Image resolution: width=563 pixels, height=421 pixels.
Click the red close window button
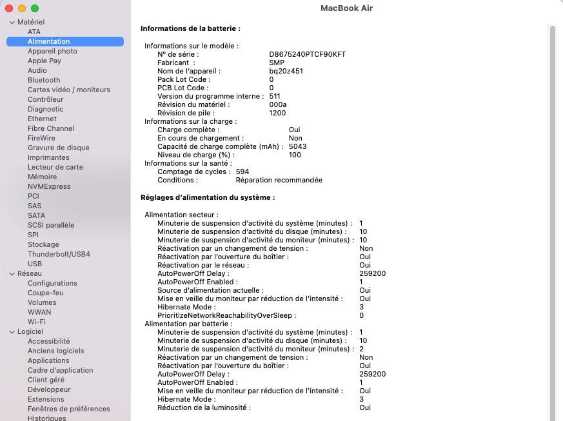click(9, 8)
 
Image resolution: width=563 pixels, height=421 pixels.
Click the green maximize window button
click(35, 8)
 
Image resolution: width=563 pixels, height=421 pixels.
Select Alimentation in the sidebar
click(49, 41)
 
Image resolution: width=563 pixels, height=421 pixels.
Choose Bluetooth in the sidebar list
click(44, 80)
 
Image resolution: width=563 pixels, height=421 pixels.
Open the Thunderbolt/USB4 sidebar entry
click(59, 254)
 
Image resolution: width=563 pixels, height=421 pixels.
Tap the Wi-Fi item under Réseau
click(37, 322)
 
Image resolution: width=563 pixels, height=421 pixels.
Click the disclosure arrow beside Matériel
click(12, 22)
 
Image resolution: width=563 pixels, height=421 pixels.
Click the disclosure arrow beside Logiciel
click(12, 331)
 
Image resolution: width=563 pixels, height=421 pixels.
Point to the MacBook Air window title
click(346, 8)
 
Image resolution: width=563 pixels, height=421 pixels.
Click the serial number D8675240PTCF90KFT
click(307, 54)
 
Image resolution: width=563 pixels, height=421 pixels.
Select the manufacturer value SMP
click(277, 63)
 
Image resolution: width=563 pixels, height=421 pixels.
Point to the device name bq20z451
click(286, 71)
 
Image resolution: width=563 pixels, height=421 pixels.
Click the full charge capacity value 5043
click(297, 146)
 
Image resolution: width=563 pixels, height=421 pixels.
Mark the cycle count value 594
click(242, 171)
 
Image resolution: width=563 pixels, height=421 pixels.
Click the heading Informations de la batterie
click(190, 29)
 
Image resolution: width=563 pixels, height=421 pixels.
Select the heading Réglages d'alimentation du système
click(208, 197)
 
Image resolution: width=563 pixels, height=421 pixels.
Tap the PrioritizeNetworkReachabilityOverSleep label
click(226, 315)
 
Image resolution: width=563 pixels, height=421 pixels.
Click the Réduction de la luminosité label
click(204, 407)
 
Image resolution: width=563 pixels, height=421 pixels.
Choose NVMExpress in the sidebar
click(49, 186)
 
